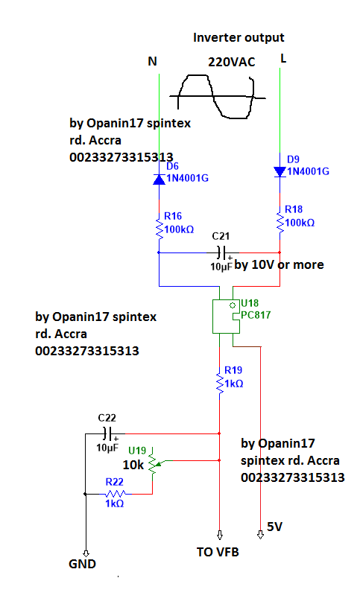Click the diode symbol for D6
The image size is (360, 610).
(159, 179)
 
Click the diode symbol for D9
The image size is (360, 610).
(280, 171)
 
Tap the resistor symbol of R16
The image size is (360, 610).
(159, 230)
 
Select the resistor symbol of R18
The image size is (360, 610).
(280, 221)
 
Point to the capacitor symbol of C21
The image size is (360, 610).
(220, 252)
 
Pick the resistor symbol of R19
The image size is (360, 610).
(219, 384)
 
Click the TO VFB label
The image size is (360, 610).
(219, 553)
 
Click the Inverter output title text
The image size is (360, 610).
(239, 37)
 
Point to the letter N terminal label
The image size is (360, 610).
(153, 62)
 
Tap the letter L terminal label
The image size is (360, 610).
(283, 58)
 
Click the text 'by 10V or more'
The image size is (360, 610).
(279, 264)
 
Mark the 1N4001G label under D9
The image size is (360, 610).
(307, 171)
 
